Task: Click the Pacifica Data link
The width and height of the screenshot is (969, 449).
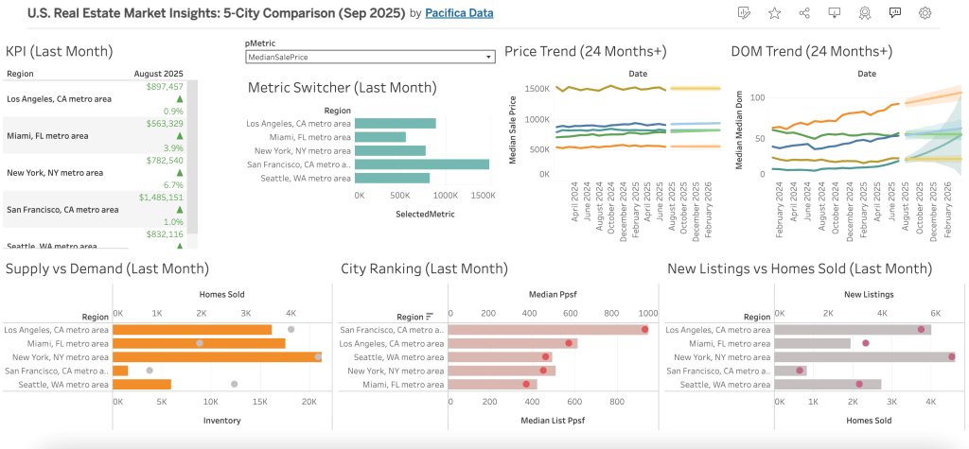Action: tap(458, 13)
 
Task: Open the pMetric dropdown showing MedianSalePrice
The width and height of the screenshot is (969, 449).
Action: tap(370, 58)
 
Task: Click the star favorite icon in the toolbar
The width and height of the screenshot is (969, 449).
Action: tap(774, 13)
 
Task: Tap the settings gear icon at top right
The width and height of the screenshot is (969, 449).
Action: tap(925, 13)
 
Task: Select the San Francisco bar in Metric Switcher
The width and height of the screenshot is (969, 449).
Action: tap(422, 164)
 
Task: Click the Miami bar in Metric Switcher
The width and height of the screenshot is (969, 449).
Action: tap(380, 137)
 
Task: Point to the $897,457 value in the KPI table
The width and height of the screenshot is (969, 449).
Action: tap(165, 86)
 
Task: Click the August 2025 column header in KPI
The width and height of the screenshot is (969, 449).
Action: tap(159, 73)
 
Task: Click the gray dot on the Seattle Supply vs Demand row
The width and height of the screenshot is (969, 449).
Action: tap(234, 384)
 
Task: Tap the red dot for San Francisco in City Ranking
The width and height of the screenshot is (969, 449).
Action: tap(644, 330)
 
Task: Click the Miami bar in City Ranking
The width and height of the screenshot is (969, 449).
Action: tap(492, 384)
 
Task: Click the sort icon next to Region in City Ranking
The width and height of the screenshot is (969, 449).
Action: tap(430, 317)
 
